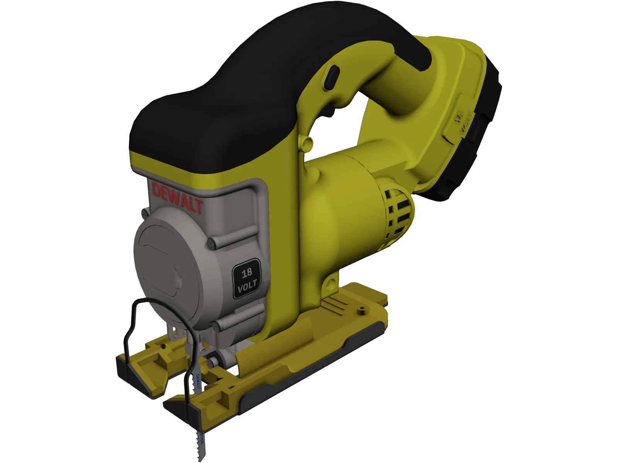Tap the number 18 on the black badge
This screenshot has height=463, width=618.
pos(246,274)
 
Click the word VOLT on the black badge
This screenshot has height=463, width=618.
pos(247,287)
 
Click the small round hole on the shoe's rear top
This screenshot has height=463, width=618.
pos(362,309)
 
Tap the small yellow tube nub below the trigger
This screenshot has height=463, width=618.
pos(307,143)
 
